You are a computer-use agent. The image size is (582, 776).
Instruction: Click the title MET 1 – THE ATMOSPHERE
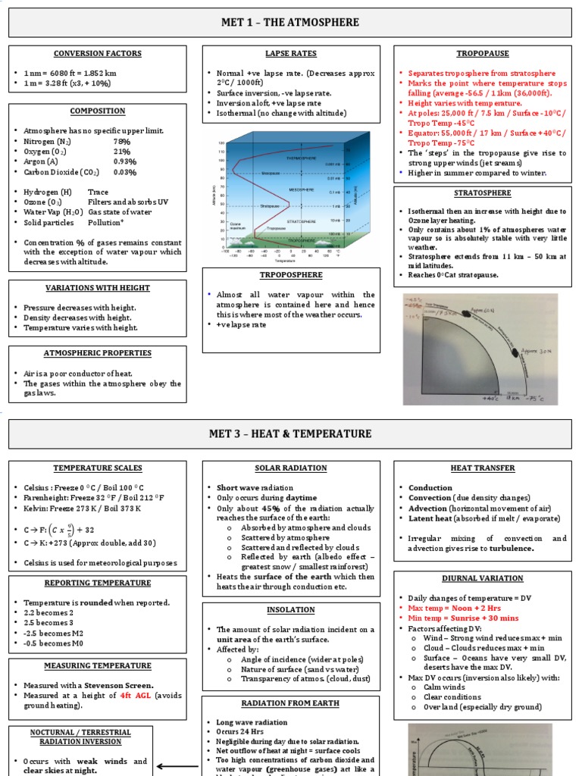[290, 23]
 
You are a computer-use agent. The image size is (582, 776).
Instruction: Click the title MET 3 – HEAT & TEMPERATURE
[290, 433]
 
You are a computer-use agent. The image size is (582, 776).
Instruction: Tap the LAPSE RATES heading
[291, 54]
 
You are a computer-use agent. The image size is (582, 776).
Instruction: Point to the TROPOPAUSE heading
[483, 54]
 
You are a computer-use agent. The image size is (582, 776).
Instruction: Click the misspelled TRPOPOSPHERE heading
[291, 276]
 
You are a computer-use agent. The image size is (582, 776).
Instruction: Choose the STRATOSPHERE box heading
[483, 193]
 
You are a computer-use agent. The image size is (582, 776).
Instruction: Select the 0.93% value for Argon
[125, 161]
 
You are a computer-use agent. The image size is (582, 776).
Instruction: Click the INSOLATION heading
[291, 610]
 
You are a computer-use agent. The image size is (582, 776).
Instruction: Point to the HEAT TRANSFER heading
[483, 468]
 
